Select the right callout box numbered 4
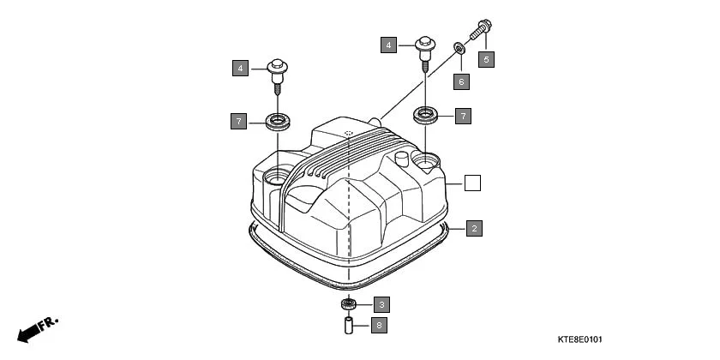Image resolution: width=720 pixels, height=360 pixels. [x=389, y=45]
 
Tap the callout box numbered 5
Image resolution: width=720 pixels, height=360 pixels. [x=487, y=59]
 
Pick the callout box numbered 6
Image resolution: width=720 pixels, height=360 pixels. [x=461, y=81]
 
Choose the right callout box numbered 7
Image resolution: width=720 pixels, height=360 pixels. [x=463, y=115]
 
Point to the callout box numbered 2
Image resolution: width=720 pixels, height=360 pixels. [x=473, y=228]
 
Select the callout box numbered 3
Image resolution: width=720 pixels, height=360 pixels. [x=381, y=303]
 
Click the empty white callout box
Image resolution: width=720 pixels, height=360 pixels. [x=472, y=183]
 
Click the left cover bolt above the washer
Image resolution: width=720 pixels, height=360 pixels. [x=277, y=73]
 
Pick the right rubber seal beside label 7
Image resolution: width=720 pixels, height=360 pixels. [x=426, y=114]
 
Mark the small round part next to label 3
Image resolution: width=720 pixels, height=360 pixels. [x=349, y=304]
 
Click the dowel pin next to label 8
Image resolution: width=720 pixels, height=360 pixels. [x=349, y=326]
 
